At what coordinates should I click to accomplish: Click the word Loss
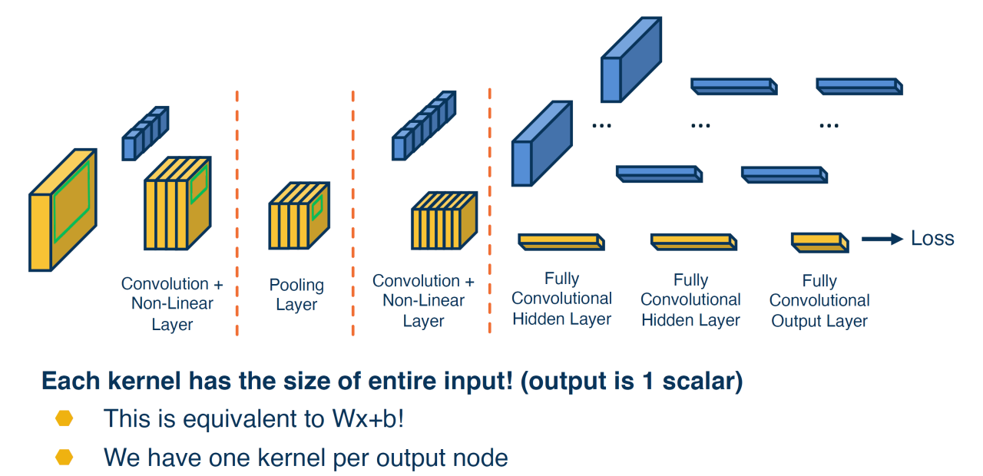click(x=932, y=239)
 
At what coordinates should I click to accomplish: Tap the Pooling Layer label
click(x=296, y=295)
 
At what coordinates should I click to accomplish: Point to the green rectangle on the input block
click(x=71, y=200)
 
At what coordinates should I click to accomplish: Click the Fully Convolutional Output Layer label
click(x=819, y=300)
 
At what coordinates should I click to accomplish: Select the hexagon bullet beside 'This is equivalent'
click(x=65, y=418)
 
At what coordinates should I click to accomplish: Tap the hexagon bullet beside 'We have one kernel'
click(x=65, y=458)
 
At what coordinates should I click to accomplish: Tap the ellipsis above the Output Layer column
click(x=829, y=124)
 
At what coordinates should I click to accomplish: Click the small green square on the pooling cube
click(x=316, y=207)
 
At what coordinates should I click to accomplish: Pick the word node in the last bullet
click(x=483, y=458)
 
